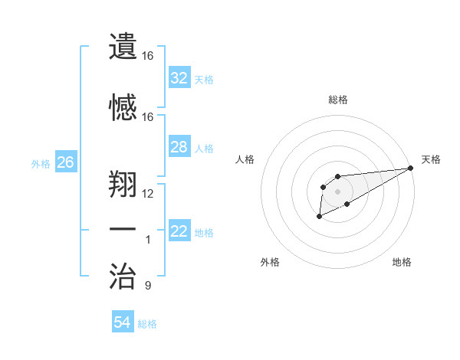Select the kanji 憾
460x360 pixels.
(123, 106)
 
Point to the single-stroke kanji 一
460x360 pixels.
(123, 229)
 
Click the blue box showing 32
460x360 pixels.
(179, 78)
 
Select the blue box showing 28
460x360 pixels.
(179, 147)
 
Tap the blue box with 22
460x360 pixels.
(179, 231)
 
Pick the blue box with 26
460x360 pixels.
(65, 162)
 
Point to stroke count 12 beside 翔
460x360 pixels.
(148, 193)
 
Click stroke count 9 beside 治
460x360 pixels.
(148, 286)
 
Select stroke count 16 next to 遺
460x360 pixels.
(148, 56)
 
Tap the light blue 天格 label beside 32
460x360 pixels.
(203, 79)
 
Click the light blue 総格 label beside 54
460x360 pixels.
(147, 324)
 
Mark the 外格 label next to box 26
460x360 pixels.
(41, 163)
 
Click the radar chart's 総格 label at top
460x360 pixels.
(338, 100)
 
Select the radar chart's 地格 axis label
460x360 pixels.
(402, 263)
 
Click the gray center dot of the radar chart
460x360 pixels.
(337, 191)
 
